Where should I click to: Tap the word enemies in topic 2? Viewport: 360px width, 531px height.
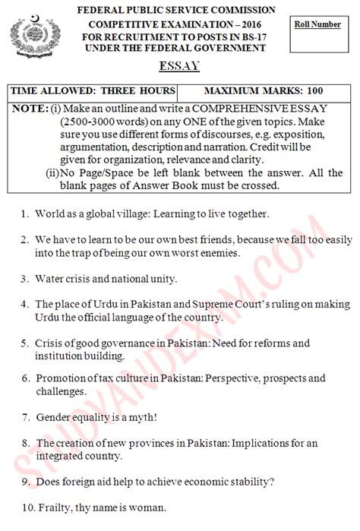[x=227, y=251]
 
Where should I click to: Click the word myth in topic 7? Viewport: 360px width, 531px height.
[x=163, y=416]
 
